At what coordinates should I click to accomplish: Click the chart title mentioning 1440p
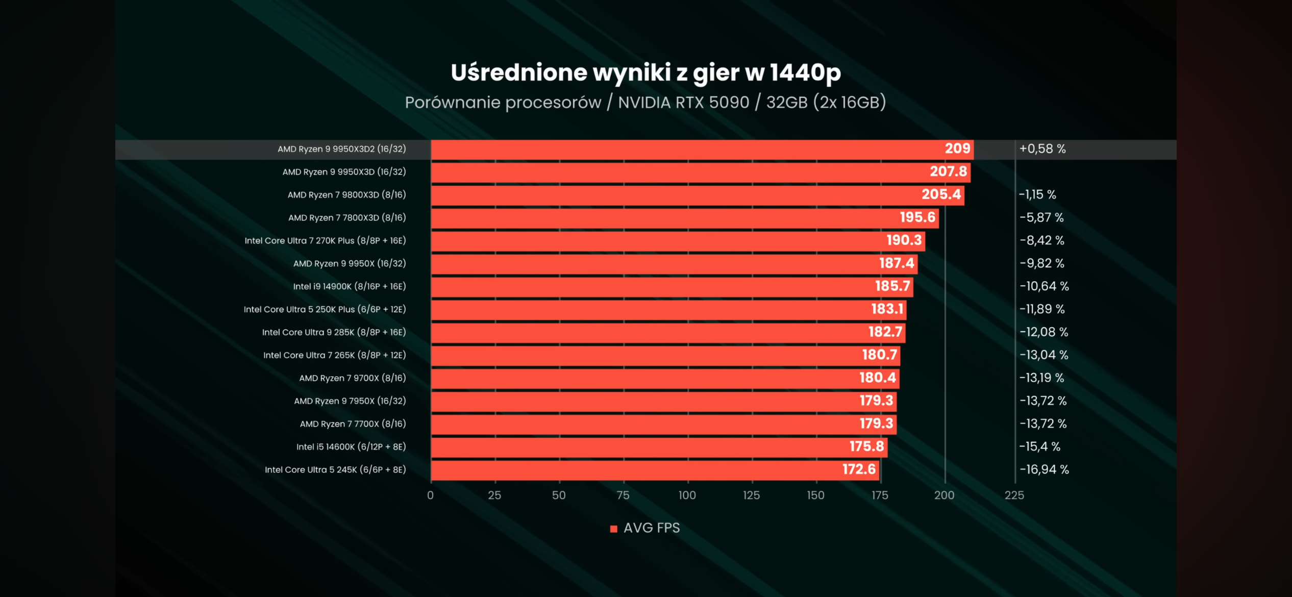645,72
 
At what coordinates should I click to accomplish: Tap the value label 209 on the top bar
957,148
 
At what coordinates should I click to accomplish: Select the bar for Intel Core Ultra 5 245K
655,469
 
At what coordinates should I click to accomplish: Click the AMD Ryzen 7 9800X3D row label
346,195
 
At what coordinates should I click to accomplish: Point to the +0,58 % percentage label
1042,149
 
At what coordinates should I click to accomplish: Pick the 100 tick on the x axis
687,495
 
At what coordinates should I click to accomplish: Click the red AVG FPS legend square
613,529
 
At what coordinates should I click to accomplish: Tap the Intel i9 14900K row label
349,286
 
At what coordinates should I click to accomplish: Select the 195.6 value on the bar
917,217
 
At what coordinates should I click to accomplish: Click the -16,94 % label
1043,469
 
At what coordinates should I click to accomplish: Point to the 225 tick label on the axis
1014,495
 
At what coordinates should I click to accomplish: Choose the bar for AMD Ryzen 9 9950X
674,264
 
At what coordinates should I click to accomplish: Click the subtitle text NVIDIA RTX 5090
683,103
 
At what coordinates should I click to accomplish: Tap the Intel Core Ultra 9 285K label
334,332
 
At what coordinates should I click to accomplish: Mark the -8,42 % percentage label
1041,240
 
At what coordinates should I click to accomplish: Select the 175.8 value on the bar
866,446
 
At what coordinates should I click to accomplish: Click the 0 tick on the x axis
430,495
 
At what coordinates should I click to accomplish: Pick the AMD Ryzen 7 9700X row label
352,378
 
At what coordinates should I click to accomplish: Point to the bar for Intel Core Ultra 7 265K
665,355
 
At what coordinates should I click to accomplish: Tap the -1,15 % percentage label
1037,195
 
